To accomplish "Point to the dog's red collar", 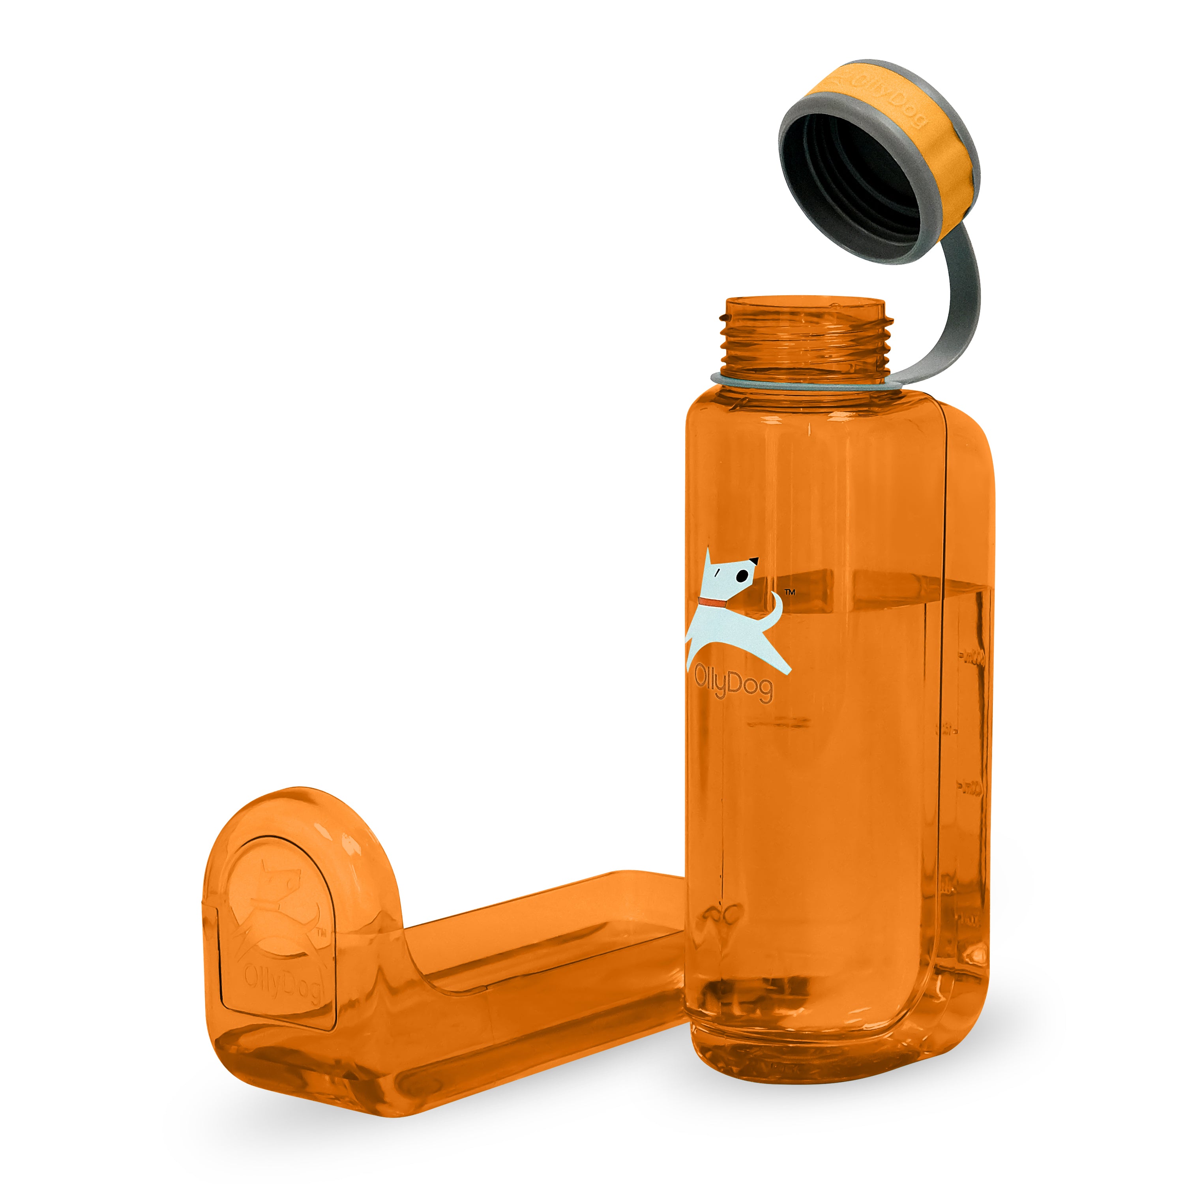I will (x=713, y=603).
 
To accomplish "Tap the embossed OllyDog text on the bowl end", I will (x=282, y=984).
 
